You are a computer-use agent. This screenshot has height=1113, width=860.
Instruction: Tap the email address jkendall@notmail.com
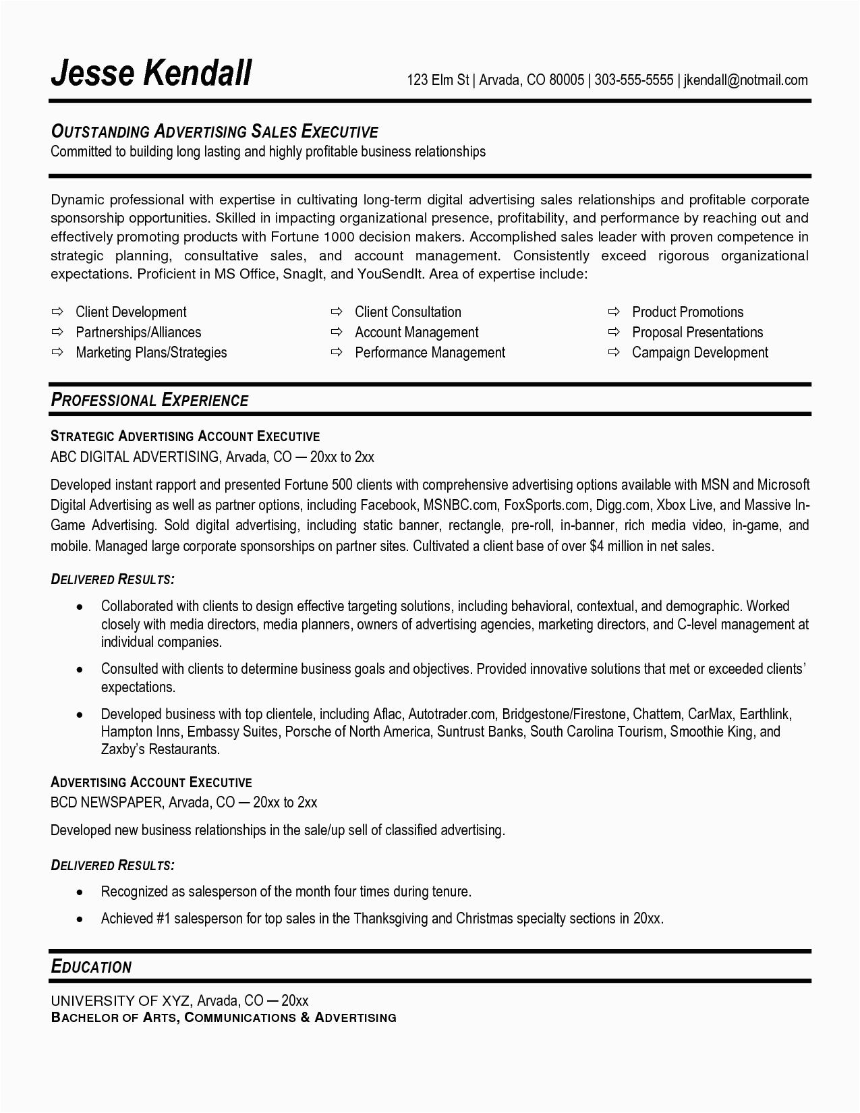pos(745,80)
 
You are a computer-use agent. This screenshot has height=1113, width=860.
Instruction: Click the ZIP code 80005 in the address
pos(566,80)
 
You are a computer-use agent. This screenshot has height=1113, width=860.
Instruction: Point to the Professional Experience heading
pos(150,400)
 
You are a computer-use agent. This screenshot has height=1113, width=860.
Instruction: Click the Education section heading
pos(91,967)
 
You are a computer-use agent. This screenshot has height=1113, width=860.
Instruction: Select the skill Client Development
pos(131,312)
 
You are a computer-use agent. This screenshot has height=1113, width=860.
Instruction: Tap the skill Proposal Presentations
pos(697,332)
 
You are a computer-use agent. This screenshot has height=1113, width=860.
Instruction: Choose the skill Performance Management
pos(430,352)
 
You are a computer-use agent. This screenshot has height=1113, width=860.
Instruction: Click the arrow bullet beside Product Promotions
pos(613,312)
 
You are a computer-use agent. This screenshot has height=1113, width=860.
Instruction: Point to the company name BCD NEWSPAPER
pos(107,802)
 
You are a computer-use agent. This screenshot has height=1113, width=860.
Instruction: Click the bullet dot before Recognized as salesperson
pos(80,892)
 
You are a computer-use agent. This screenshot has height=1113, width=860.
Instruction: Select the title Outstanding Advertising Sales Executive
pos(214,131)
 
